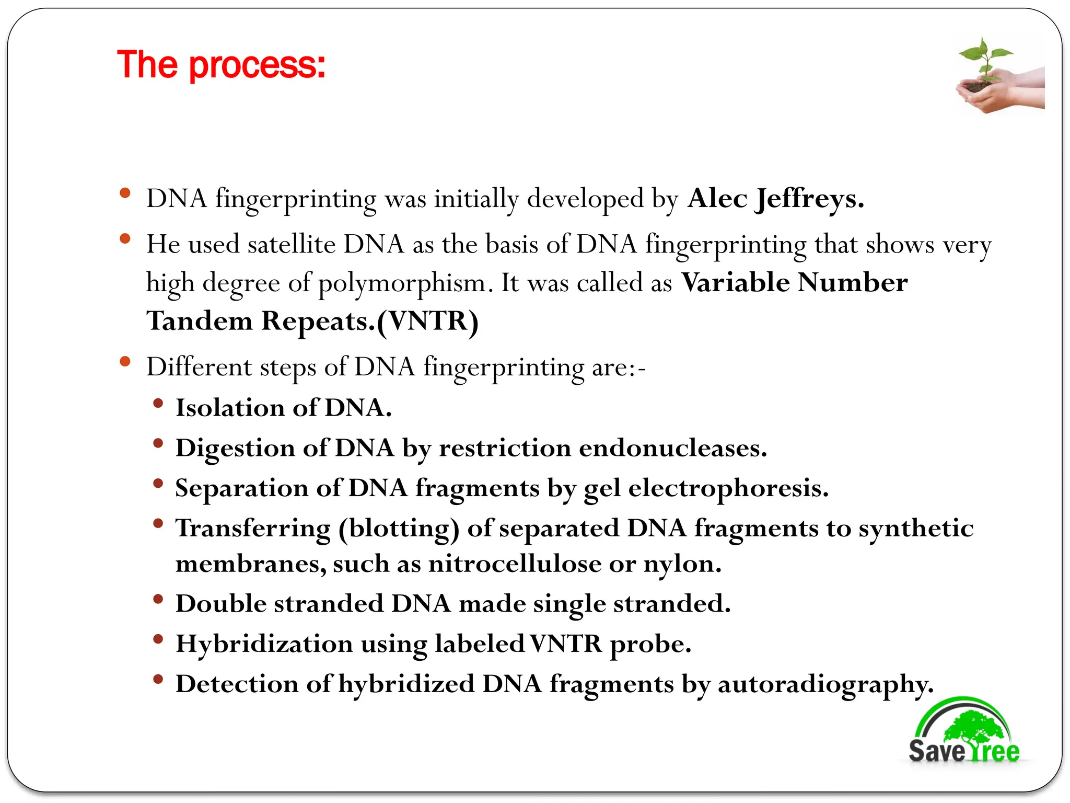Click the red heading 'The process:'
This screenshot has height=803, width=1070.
point(221,65)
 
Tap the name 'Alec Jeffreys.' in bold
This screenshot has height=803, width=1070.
point(775,199)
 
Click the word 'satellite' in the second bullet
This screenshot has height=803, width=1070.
point(291,245)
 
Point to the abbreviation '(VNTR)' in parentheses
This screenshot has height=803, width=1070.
point(427,321)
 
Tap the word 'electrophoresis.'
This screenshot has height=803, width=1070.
point(728,489)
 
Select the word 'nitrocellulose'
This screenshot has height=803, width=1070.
point(515,564)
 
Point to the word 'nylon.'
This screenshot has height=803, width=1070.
point(682,564)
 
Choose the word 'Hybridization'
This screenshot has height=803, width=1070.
point(264,644)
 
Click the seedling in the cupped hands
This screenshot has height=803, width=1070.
point(985,63)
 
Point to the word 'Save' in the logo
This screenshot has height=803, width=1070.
point(936,751)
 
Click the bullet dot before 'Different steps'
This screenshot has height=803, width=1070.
point(125,361)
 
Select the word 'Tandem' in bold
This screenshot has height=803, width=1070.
point(200,321)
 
